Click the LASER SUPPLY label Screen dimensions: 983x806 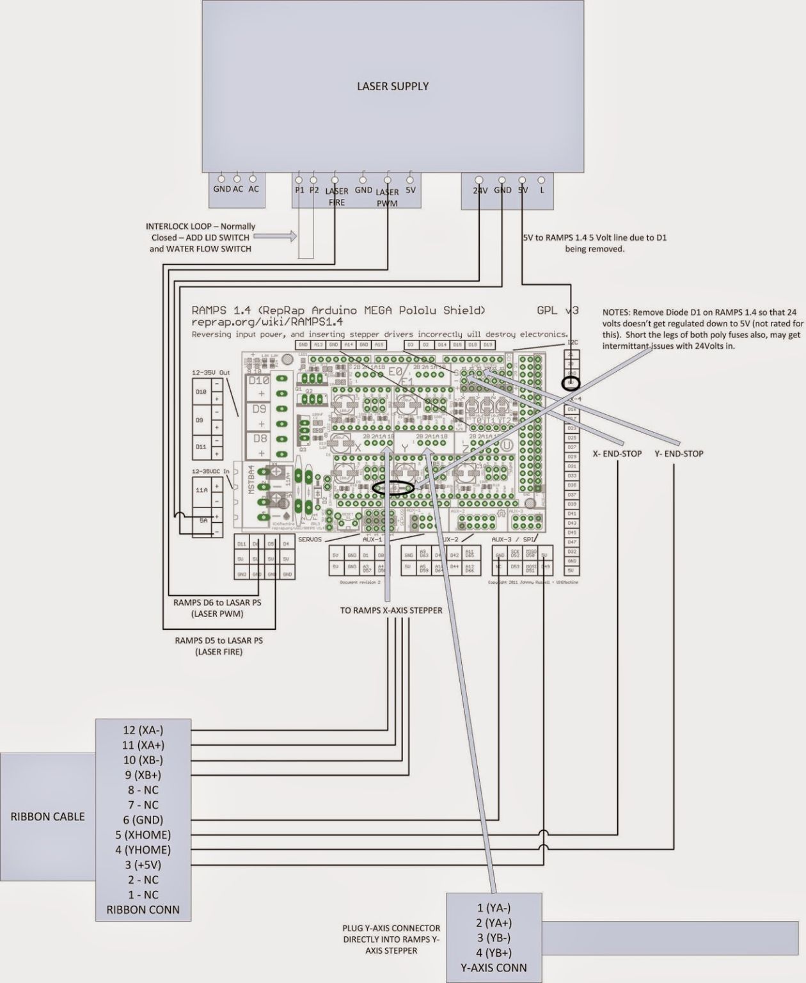pos(393,86)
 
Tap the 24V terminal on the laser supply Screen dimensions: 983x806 pos(480,190)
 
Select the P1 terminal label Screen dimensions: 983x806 pos(299,190)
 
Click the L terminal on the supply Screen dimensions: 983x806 pos(542,190)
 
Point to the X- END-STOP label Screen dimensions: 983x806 pos(617,454)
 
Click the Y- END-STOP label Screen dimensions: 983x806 pos(679,454)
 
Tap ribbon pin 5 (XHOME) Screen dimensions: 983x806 pos(143,835)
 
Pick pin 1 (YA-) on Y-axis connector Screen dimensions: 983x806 pos(494,907)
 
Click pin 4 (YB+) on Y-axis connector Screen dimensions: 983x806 pos(494,952)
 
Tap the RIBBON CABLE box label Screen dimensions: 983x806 pos(47,817)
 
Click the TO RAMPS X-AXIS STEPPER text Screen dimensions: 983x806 pos(391,610)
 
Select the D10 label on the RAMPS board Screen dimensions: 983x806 pos(259,380)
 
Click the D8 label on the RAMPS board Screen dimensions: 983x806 pos(259,439)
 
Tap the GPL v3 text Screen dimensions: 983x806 pos(558,310)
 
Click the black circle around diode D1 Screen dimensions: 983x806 pos(393,488)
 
